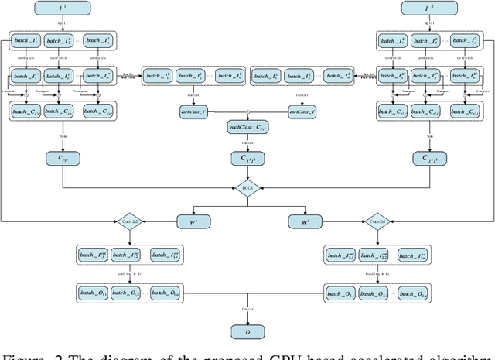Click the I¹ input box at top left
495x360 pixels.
[x=62, y=10]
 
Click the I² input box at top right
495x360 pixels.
[x=431, y=10]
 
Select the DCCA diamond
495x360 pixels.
[x=247, y=187]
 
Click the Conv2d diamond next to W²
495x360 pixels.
[x=376, y=221]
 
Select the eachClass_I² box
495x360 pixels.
[x=302, y=112]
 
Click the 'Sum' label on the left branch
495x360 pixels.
[x=62, y=136]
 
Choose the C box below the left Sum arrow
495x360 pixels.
[x=62, y=159]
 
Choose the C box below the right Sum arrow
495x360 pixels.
[x=431, y=159]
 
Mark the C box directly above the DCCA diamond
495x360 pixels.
[x=247, y=159]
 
